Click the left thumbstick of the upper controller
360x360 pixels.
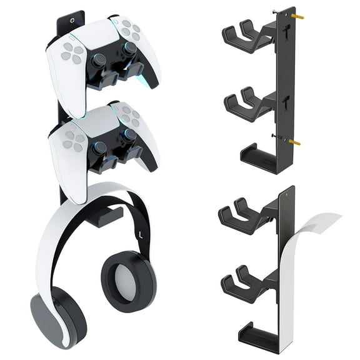click(99, 61)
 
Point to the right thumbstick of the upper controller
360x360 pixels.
click(129, 49)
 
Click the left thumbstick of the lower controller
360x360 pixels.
click(99, 148)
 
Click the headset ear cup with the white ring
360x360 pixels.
click(129, 281)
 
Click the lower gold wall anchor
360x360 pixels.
click(294, 142)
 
